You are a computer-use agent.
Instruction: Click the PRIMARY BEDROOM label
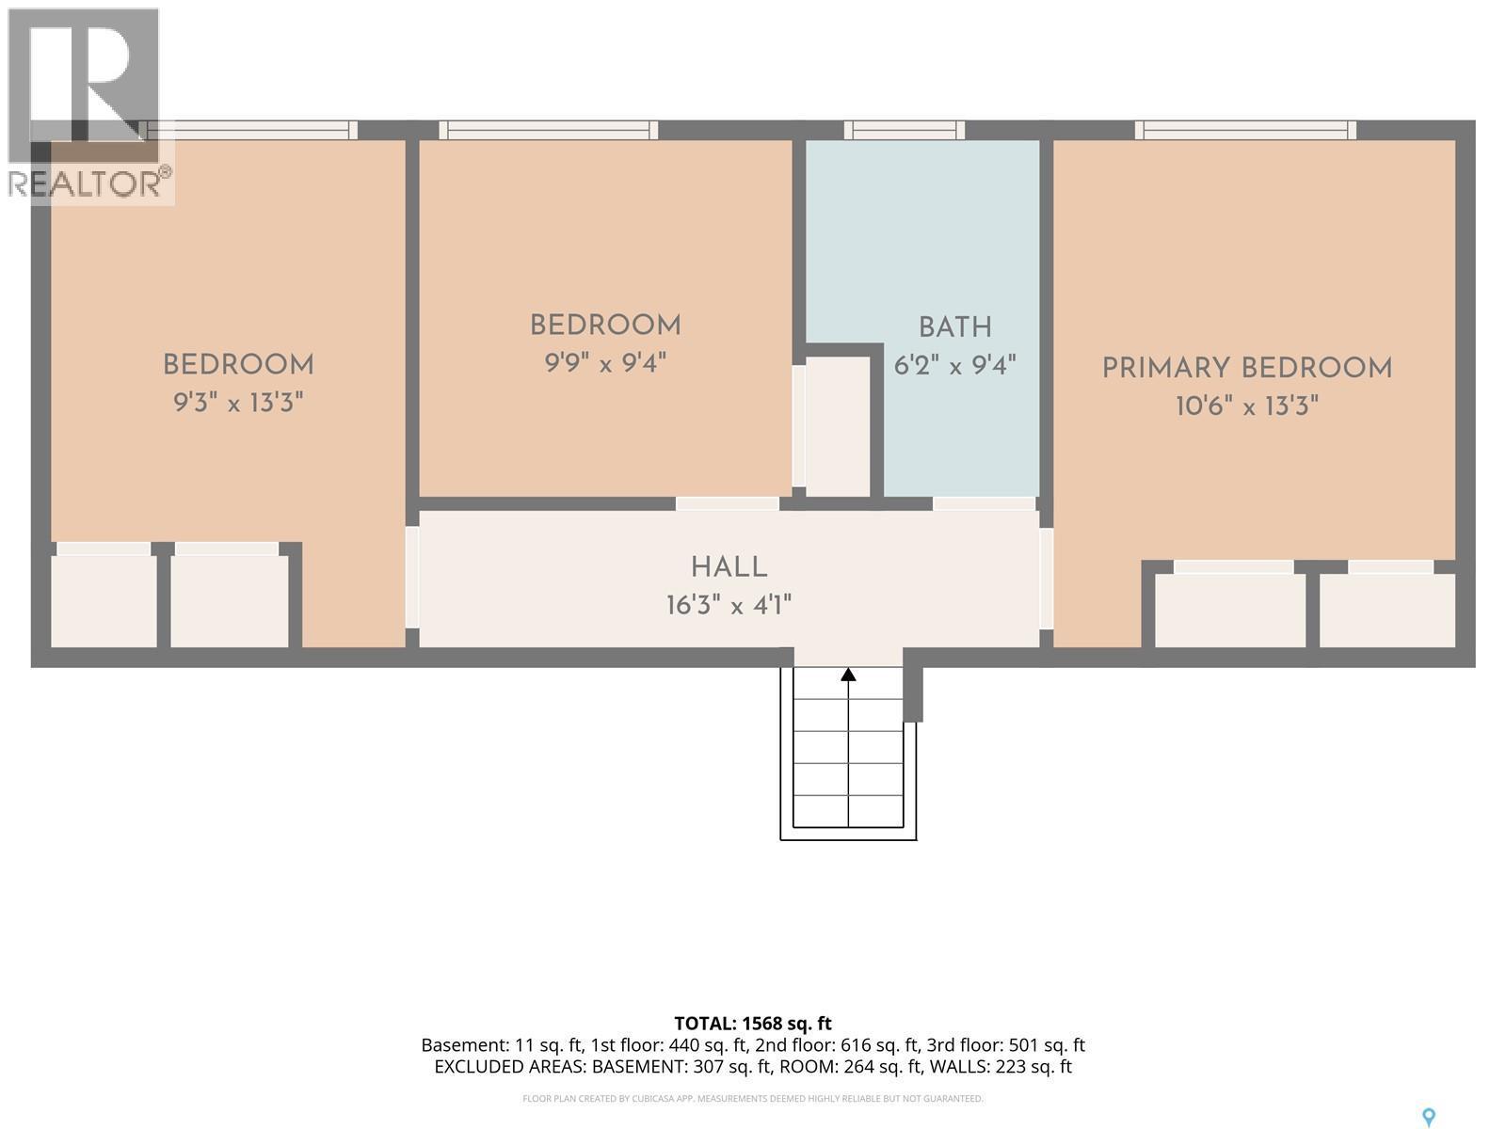point(1246,368)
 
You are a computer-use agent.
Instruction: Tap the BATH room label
point(955,327)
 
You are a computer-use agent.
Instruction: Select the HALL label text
point(729,567)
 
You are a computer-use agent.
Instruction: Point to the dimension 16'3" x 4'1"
point(729,605)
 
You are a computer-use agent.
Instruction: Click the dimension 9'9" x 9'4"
point(605,362)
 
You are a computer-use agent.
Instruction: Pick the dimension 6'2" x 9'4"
point(954,365)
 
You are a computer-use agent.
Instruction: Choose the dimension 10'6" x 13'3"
point(1246,405)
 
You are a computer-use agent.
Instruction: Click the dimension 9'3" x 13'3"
point(238,403)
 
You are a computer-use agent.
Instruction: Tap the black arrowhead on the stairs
point(848,675)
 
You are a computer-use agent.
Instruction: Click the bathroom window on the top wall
point(904,130)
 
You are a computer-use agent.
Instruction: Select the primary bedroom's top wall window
point(1245,130)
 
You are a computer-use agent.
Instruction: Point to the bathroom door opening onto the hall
point(984,504)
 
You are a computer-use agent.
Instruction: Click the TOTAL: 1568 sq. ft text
point(753,1024)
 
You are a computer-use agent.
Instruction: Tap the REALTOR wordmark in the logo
point(89,183)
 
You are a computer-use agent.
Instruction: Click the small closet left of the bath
point(837,426)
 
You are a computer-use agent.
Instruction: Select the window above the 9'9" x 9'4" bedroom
point(548,130)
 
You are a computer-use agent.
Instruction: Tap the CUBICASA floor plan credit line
point(753,1099)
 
